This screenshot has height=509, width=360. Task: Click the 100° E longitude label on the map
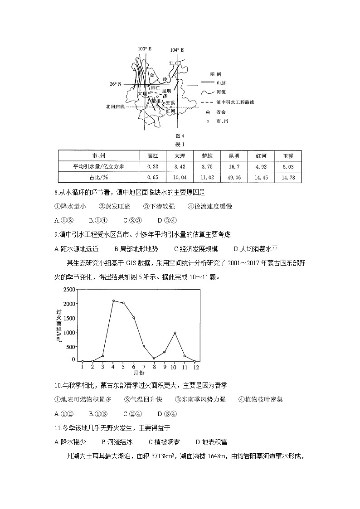(144, 49)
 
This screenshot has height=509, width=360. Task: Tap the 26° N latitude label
(116, 84)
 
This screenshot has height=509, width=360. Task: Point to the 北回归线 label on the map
(115, 107)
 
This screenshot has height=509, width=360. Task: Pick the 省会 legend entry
(221, 112)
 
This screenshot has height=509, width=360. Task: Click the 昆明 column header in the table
(234, 156)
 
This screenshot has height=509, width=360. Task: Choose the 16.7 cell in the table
(234, 166)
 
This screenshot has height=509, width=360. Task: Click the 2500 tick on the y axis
(69, 289)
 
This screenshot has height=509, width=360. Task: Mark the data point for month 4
(113, 301)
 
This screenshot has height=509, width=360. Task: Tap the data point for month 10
(175, 333)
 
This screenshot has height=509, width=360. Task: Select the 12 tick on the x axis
(195, 367)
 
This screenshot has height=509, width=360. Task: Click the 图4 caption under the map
(180, 136)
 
